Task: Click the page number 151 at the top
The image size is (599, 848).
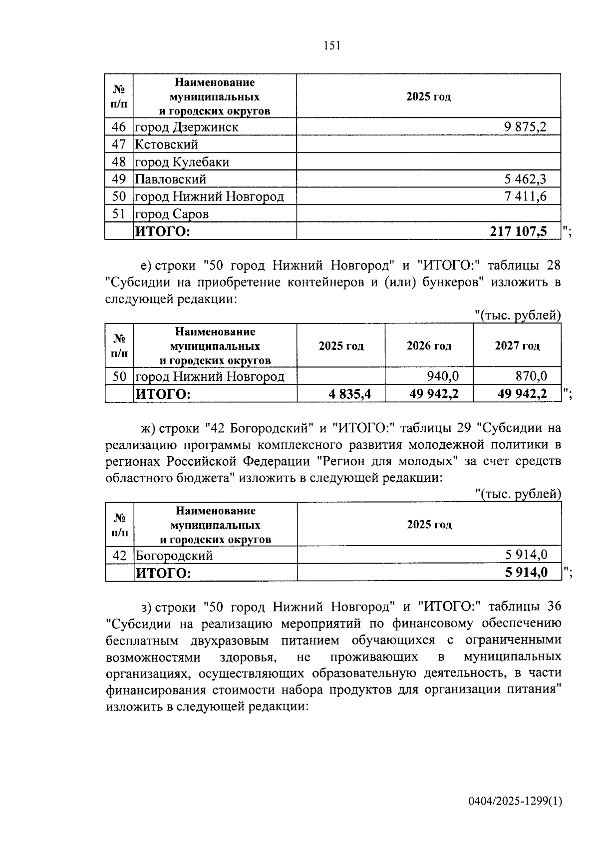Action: [x=331, y=46]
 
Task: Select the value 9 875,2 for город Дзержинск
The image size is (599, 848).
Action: [x=526, y=127]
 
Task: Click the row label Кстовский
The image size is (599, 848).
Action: [x=167, y=144]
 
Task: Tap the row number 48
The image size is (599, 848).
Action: [x=119, y=162]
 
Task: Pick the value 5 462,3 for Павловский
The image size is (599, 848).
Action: [x=526, y=179]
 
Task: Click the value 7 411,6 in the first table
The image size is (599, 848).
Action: [x=526, y=196]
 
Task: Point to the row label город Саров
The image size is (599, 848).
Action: [x=172, y=214]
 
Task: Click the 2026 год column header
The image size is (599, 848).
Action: [x=429, y=346]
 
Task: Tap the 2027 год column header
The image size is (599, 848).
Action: [x=517, y=346]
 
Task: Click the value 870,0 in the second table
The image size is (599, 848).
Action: [x=531, y=376]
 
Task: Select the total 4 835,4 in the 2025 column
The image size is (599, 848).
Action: [x=349, y=394]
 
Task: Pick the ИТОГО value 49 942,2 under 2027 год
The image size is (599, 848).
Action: [x=522, y=394]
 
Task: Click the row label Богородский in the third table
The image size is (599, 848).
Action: [x=174, y=555]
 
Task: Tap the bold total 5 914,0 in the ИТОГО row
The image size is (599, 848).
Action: [x=526, y=573]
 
